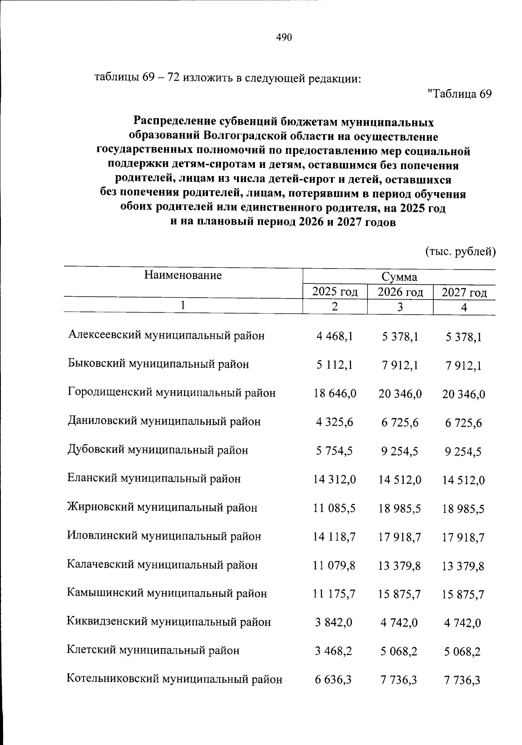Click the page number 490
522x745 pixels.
284,37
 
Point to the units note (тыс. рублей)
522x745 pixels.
460,251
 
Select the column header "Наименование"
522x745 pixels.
183,275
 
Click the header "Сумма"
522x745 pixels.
399,277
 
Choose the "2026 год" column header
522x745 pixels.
400,292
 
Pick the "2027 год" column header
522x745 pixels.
464,293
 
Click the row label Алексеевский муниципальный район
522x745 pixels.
166,336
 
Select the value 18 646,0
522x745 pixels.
335,394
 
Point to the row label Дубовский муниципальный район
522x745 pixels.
158,450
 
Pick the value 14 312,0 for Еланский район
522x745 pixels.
335,480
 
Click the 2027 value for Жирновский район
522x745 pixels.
463,509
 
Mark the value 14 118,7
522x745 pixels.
335,537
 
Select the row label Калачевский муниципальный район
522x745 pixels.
162,565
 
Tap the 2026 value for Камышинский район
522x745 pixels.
400,594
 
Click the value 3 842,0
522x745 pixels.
334,623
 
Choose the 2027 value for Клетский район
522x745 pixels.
462,652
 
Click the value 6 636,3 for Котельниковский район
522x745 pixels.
334,680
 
